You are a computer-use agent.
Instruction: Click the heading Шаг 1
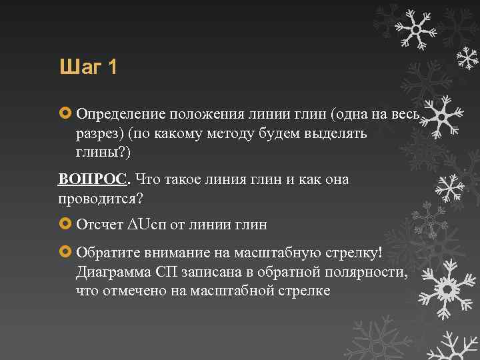(88, 67)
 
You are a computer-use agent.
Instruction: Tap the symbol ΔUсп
(147, 225)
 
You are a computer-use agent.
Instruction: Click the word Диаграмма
(113, 272)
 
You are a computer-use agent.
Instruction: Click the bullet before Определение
(65, 115)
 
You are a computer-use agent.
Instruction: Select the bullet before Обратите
(65, 253)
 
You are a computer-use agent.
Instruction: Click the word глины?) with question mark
(104, 153)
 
